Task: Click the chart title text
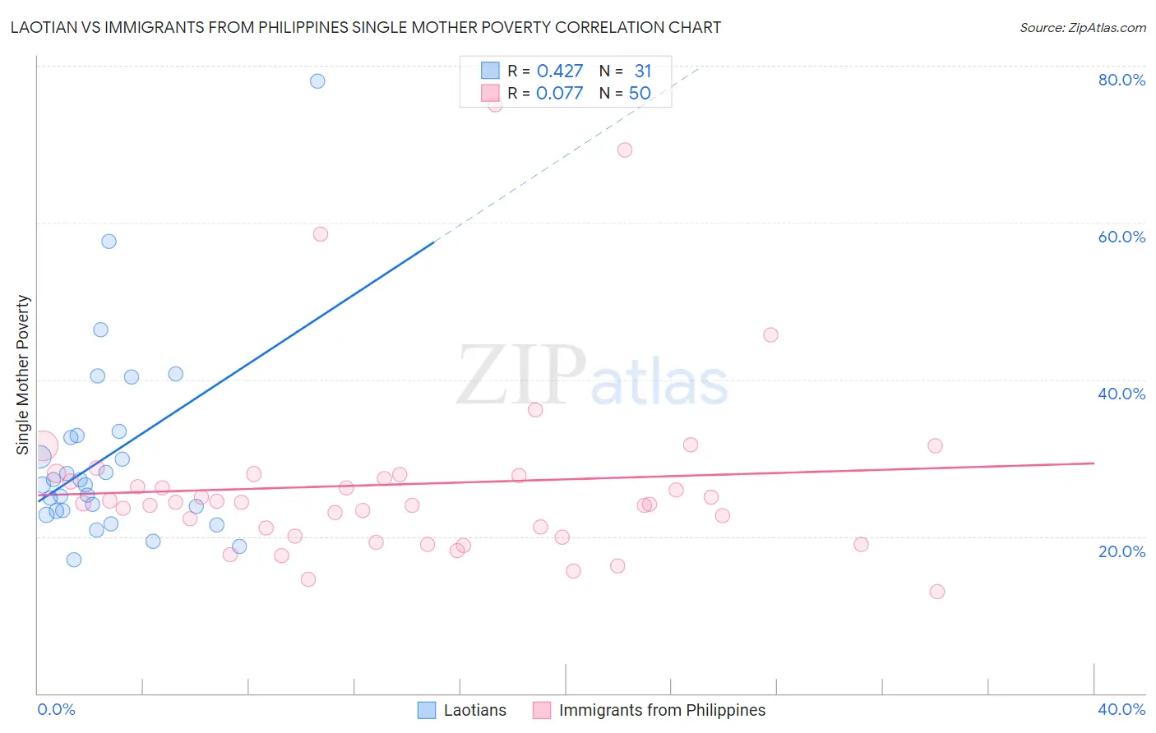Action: point(366,27)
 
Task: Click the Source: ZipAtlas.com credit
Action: point(1082,27)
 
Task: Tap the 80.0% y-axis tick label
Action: point(1121,80)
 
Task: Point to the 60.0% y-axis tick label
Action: point(1121,237)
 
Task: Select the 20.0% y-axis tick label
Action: point(1121,551)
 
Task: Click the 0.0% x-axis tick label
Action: point(56,709)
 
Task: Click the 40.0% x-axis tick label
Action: point(1121,709)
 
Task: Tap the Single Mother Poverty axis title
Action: point(23,375)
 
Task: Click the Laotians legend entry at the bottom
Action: point(474,710)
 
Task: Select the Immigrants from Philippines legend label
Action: point(662,710)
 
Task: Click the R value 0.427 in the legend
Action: point(560,71)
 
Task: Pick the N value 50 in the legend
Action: point(640,94)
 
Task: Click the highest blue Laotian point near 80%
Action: point(317,81)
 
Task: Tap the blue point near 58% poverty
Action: point(109,242)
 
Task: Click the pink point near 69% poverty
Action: point(625,150)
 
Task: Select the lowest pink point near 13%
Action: point(937,592)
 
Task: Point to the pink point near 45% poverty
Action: point(770,334)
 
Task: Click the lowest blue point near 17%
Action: point(74,560)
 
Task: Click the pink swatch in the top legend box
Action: point(490,93)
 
